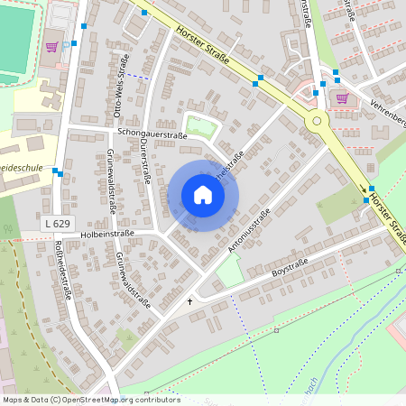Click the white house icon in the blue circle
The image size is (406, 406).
pyautogui.click(x=203, y=195)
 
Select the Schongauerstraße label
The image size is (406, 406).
pyautogui.click(x=152, y=134)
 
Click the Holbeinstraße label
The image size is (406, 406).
pyautogui.click(x=106, y=233)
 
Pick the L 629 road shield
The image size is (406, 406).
pyautogui.click(x=57, y=222)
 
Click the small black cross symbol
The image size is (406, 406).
pyautogui.click(x=189, y=300)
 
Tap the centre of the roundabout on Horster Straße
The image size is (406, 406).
pyautogui.click(x=316, y=120)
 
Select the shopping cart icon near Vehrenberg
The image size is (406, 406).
pyautogui.click(x=341, y=97)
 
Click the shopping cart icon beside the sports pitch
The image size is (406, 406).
pyautogui.click(x=51, y=47)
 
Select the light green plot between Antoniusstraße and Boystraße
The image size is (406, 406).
pyautogui.click(x=230, y=271)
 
